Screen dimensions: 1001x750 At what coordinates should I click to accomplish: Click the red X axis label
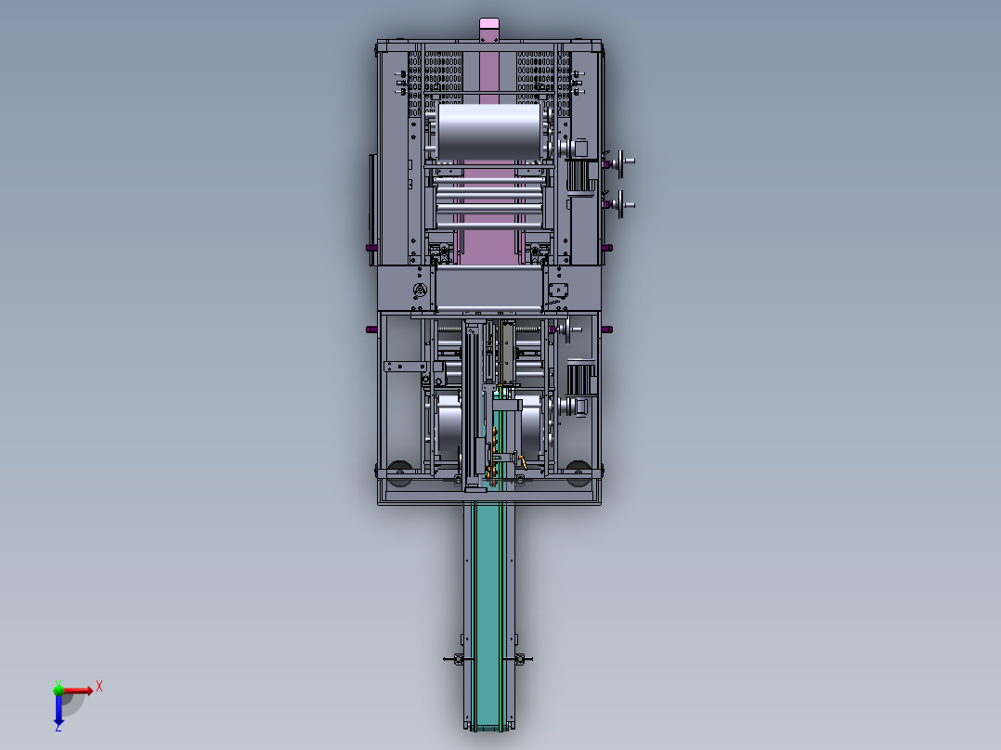click(x=99, y=687)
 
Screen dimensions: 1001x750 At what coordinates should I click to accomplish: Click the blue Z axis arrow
click(x=58, y=710)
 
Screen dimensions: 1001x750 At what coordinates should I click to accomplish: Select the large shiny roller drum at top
click(x=489, y=131)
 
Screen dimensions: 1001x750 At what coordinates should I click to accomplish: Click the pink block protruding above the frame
click(x=489, y=30)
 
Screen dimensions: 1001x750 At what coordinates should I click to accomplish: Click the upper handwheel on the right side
click(x=620, y=162)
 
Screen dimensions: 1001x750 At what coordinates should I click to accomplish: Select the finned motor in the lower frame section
click(x=580, y=378)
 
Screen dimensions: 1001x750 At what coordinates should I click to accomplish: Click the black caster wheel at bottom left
click(x=399, y=473)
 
